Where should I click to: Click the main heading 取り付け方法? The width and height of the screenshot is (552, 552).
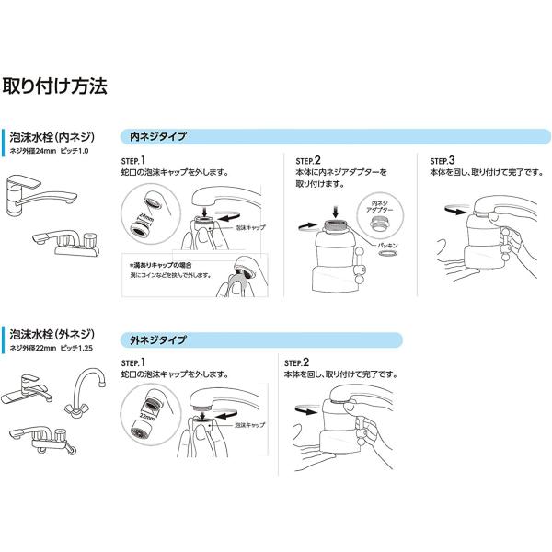pos(56,87)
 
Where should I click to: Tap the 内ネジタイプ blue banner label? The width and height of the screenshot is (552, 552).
pos(157,136)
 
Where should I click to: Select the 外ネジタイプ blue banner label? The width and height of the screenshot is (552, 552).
pos(157,339)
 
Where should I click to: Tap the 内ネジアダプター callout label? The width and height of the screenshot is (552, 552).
pos(381,205)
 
